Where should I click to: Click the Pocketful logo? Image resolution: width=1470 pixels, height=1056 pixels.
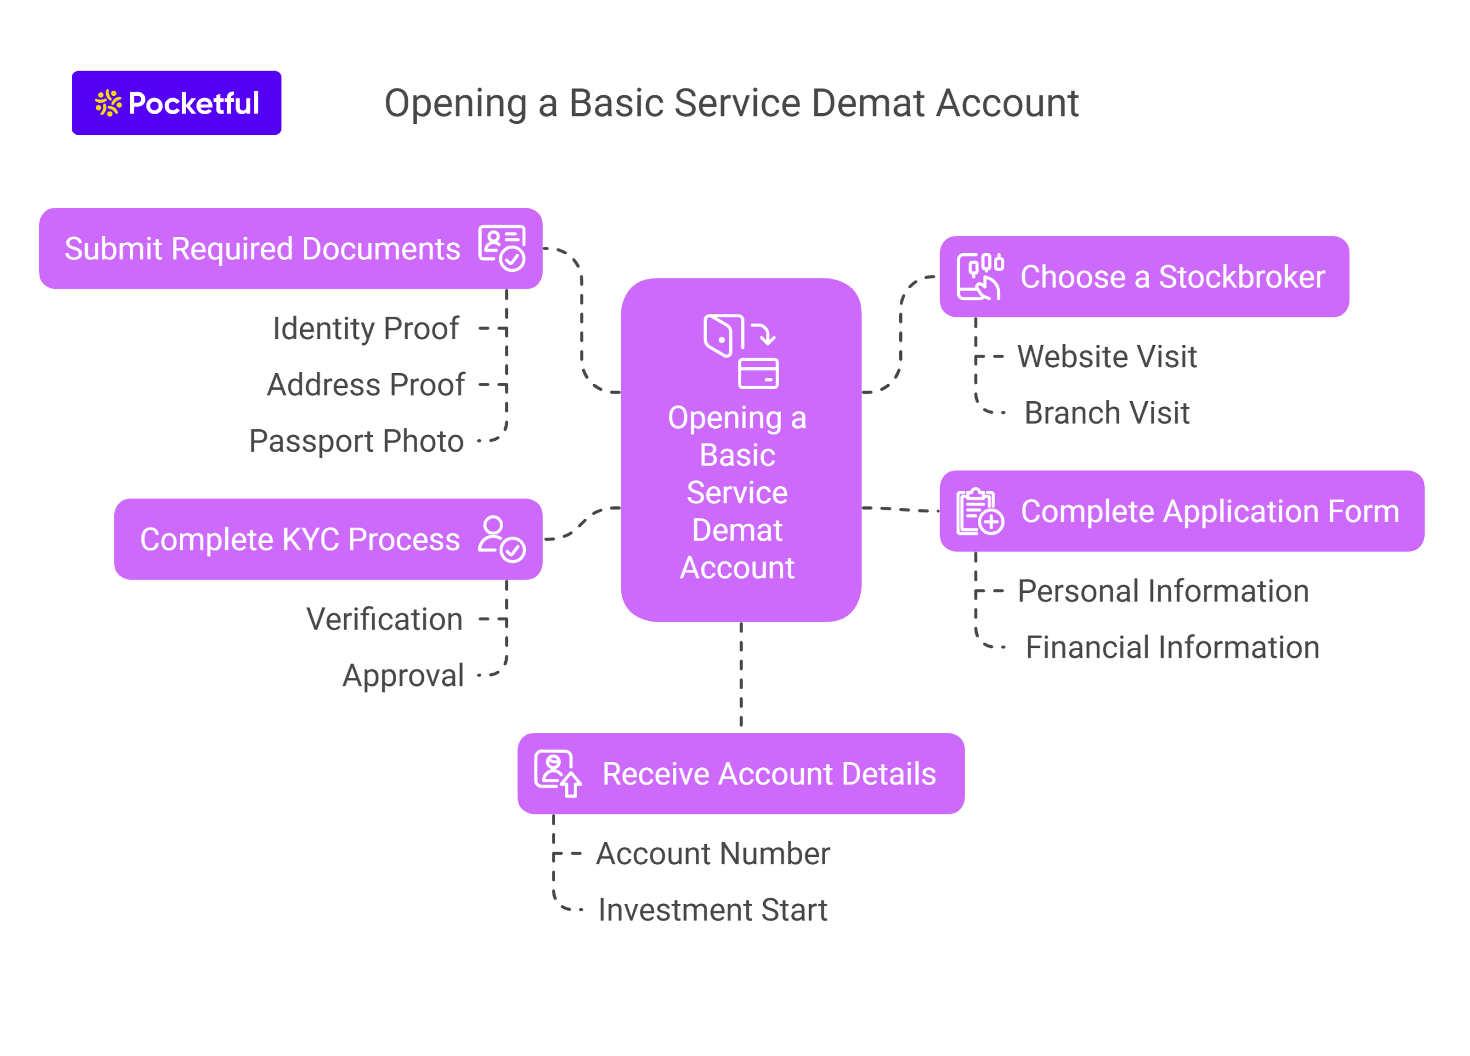(176, 103)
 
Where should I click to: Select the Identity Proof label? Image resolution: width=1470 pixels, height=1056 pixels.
(366, 328)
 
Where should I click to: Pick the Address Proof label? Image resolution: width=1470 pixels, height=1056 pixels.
(366, 385)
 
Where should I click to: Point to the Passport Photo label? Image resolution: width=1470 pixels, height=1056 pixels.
(356, 441)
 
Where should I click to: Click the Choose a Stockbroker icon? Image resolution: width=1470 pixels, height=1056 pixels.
(980, 277)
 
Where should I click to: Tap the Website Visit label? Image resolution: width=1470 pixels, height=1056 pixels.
(1107, 356)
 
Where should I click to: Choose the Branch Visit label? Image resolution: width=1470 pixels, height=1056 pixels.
(1107, 413)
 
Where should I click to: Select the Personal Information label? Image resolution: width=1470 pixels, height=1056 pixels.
(1163, 591)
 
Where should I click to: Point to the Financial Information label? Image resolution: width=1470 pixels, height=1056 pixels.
(1172, 647)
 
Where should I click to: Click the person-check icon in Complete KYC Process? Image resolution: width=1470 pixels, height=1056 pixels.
(502, 539)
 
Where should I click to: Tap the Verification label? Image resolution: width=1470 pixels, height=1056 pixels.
(384, 619)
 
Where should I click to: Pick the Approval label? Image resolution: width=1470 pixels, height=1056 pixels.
(403, 675)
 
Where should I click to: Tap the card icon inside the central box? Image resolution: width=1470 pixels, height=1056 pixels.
(758, 374)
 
